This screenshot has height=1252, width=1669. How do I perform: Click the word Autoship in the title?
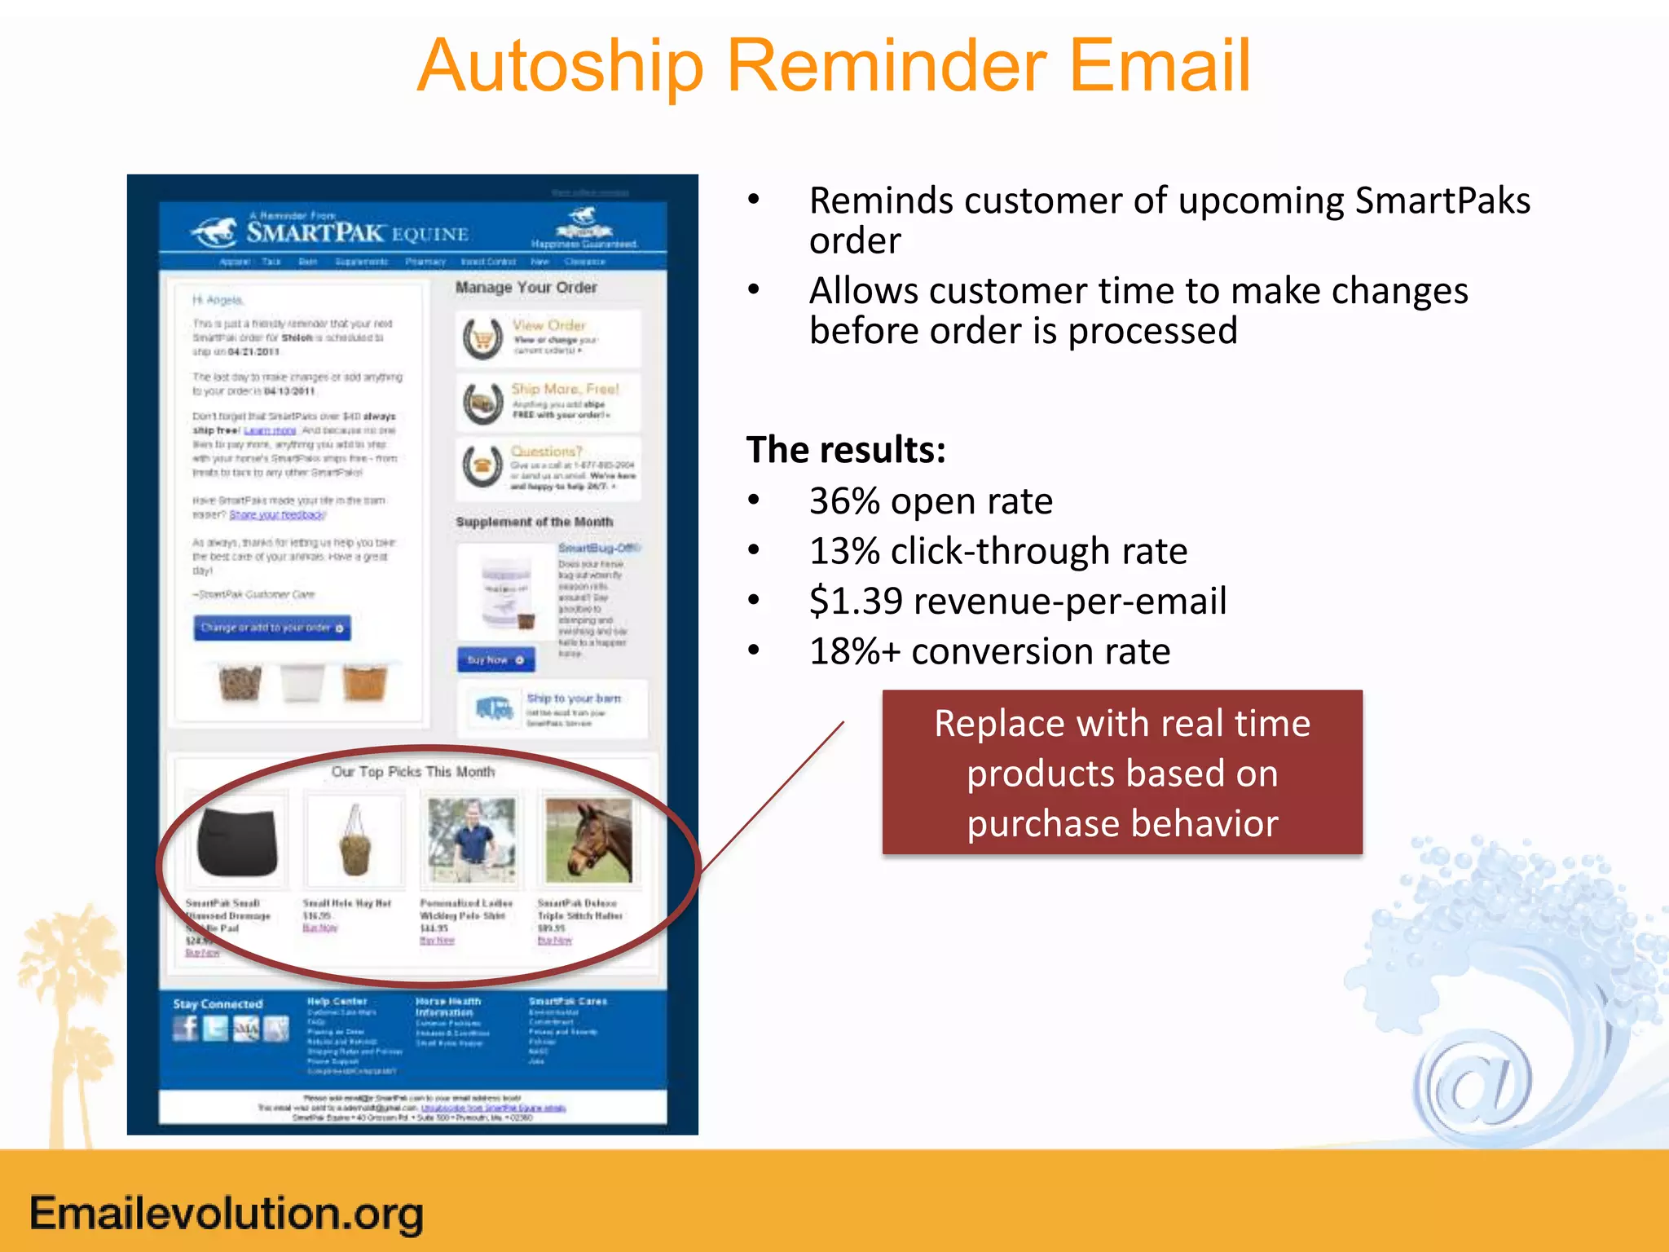click(x=560, y=67)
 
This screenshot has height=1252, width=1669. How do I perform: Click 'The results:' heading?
click(x=845, y=450)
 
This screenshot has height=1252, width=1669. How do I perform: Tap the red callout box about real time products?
click(x=1121, y=772)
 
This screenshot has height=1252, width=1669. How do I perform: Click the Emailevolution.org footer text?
click(x=227, y=1213)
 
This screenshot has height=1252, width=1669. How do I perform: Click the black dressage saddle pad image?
click(x=237, y=841)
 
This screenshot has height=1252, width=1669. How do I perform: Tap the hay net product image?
click(x=354, y=841)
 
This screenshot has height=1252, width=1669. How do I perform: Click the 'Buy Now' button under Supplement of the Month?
click(x=495, y=659)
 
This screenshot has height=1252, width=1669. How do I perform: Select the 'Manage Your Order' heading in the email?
click(x=526, y=287)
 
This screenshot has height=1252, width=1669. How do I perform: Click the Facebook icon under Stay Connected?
click(x=186, y=1029)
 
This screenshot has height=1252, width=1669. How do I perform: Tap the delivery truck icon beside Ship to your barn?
click(x=495, y=708)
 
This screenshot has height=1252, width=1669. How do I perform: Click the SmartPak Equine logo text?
click(x=357, y=233)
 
